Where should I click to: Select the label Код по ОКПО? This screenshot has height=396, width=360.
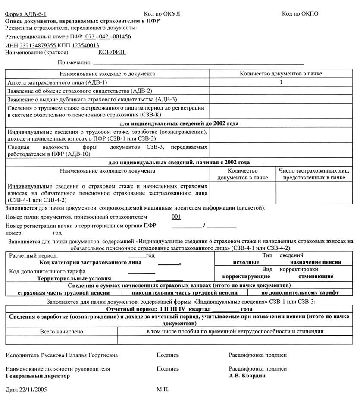(300, 14)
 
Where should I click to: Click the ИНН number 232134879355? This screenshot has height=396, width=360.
(38, 45)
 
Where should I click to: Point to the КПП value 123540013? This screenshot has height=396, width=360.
(85, 45)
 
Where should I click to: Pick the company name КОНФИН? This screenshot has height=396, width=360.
(112, 52)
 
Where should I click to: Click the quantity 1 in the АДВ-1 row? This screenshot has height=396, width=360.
(281, 82)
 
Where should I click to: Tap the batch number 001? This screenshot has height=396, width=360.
(176, 217)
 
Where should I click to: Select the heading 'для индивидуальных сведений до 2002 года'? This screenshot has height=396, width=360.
(179, 123)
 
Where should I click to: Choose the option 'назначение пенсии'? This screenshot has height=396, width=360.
(316, 262)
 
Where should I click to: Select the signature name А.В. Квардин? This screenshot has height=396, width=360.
(247, 376)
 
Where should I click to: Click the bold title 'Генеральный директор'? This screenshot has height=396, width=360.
(38, 376)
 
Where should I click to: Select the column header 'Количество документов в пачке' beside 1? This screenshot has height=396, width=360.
(281, 74)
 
